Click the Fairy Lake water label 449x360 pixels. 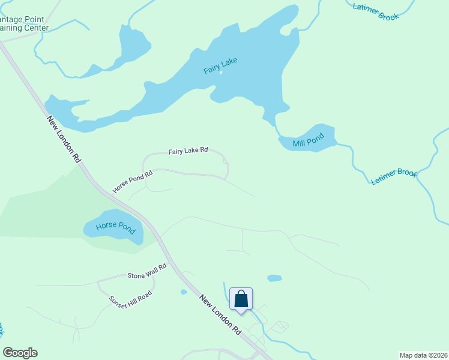click(x=220, y=65)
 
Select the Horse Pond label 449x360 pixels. click(x=111, y=227)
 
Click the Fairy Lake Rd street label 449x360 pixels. click(x=188, y=151)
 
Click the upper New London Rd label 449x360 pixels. click(x=64, y=139)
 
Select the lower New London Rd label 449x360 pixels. click(x=220, y=314)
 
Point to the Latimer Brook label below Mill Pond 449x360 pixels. click(x=394, y=176)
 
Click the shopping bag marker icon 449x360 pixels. click(x=241, y=299)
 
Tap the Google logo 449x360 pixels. click(x=20, y=353)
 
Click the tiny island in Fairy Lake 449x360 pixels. click(x=221, y=73)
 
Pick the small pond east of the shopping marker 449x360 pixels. click(x=274, y=278)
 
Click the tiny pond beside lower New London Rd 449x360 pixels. click(x=184, y=292)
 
